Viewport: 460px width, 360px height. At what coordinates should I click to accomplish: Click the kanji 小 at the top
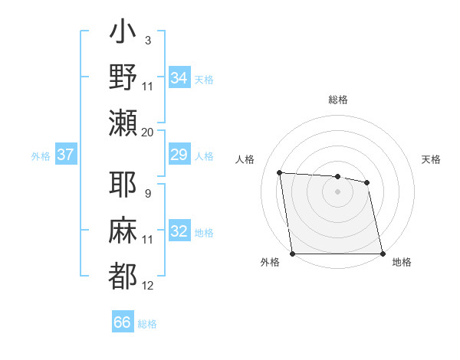[123, 35]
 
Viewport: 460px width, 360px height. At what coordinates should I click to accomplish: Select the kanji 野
[123, 77]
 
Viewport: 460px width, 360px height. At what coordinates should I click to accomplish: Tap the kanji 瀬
[123, 123]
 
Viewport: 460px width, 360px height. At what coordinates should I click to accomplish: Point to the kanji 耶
[123, 185]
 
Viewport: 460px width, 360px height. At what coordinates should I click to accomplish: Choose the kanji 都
[123, 274]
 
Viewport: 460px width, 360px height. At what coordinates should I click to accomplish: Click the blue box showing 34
[179, 77]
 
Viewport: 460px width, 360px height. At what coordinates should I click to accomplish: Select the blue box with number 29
[179, 155]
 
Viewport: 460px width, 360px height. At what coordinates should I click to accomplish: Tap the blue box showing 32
[179, 232]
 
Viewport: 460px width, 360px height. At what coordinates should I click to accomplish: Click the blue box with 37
[65, 155]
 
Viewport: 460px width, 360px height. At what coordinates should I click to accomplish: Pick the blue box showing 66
[123, 322]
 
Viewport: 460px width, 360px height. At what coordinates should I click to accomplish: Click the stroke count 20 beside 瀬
[148, 132]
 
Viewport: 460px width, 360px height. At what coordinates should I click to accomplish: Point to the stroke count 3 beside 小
[147, 40]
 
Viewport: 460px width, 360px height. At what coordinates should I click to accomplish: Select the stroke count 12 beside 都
[148, 286]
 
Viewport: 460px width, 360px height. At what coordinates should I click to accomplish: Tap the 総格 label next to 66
[147, 324]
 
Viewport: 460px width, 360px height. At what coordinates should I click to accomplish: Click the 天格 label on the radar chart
[431, 159]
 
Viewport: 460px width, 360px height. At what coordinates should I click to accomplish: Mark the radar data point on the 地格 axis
[382, 254]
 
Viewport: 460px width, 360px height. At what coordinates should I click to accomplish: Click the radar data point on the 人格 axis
[280, 172]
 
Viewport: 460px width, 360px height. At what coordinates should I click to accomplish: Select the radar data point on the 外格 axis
[292, 254]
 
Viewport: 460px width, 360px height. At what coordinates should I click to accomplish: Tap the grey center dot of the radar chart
[337, 191]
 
